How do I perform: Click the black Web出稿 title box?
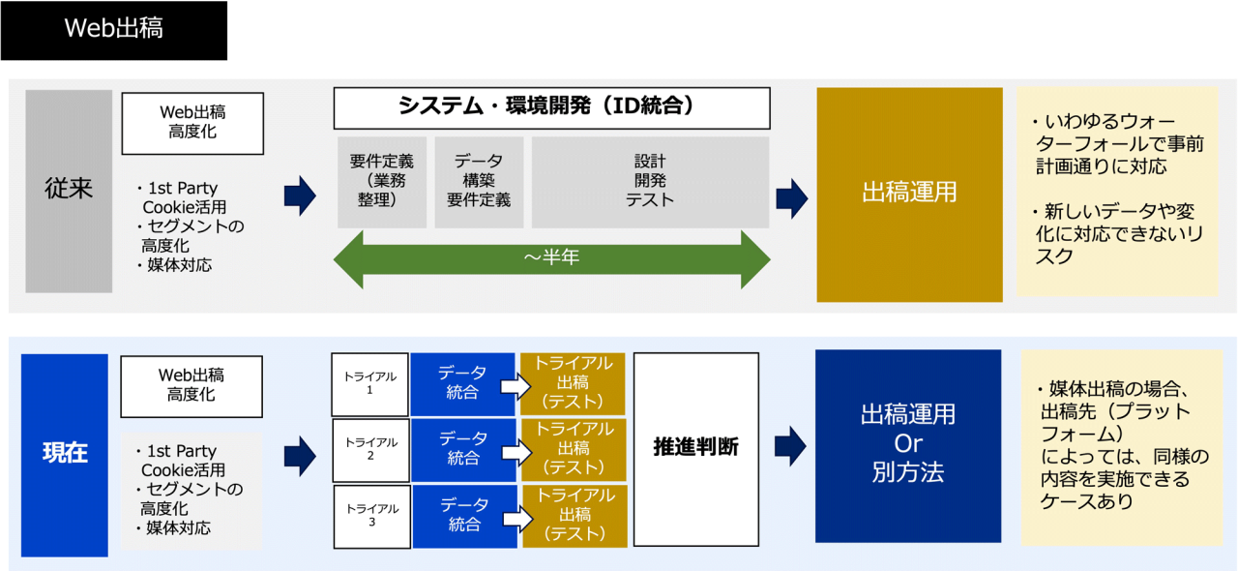[x=113, y=30]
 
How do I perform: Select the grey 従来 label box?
[x=69, y=191]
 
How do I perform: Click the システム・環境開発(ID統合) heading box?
[x=551, y=107]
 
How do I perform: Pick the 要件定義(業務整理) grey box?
[x=382, y=182]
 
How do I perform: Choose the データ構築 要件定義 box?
[x=479, y=182]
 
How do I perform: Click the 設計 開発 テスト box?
[x=650, y=182]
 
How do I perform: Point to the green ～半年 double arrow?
[x=551, y=258]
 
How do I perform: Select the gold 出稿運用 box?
[x=909, y=195]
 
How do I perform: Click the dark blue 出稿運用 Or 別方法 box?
[x=908, y=446]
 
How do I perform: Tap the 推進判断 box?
[x=695, y=448]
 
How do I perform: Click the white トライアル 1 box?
[x=370, y=384]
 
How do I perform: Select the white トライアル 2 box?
[x=370, y=450]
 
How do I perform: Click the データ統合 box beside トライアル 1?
[x=463, y=384]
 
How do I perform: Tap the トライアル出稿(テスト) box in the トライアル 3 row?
[x=574, y=516]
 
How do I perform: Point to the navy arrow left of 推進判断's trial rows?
[x=300, y=455]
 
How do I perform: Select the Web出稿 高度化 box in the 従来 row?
[x=192, y=123]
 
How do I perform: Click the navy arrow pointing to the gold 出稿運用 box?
[x=792, y=197]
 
